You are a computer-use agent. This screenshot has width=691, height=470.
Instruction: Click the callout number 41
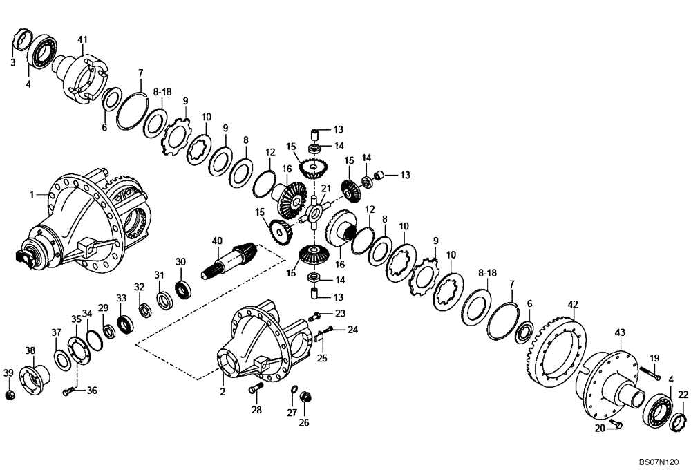click(83, 39)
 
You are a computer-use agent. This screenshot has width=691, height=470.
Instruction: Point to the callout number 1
click(32, 196)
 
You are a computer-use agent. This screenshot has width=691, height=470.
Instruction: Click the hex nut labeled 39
click(9, 395)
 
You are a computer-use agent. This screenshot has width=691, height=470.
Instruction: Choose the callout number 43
click(619, 332)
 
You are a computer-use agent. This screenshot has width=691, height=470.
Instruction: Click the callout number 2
click(223, 392)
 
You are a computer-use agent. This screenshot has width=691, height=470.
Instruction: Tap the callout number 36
click(92, 391)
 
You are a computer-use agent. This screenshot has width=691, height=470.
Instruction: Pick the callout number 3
click(13, 63)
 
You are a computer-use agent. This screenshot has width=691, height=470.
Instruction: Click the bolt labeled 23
click(314, 316)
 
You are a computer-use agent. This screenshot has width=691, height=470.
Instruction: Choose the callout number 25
click(321, 359)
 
